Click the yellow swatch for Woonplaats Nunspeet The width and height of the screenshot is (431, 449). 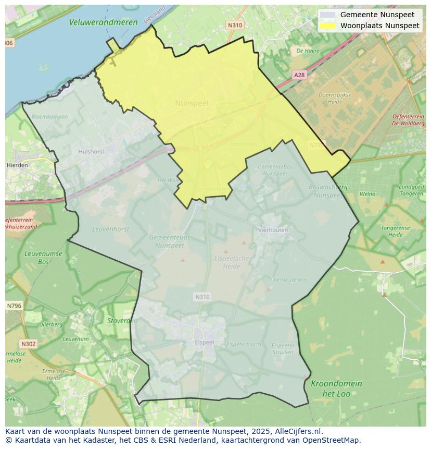click(328, 26)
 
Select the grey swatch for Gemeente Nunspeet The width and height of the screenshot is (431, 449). click(328, 15)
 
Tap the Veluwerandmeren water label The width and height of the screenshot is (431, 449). click(103, 22)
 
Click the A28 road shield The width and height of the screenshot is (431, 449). click(299, 75)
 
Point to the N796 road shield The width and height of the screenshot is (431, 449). click(14, 306)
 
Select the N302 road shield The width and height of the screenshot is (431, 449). click(29, 344)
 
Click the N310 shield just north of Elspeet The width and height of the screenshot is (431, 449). click(202, 297)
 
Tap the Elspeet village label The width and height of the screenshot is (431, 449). click(204, 343)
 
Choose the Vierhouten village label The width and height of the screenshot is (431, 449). click(273, 229)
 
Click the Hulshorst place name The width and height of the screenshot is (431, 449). click(91, 152)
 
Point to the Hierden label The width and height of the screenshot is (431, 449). click(17, 165)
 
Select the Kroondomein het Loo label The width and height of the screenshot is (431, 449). click(336, 389)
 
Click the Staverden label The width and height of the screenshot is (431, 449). click(122, 321)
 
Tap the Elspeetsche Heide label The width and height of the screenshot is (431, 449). click(232, 262)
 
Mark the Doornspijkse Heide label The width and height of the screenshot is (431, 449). click(335, 98)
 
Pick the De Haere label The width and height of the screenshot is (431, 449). click(308, 51)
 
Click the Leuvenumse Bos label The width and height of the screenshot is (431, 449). click(43, 258)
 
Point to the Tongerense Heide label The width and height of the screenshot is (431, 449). click(395, 231)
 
